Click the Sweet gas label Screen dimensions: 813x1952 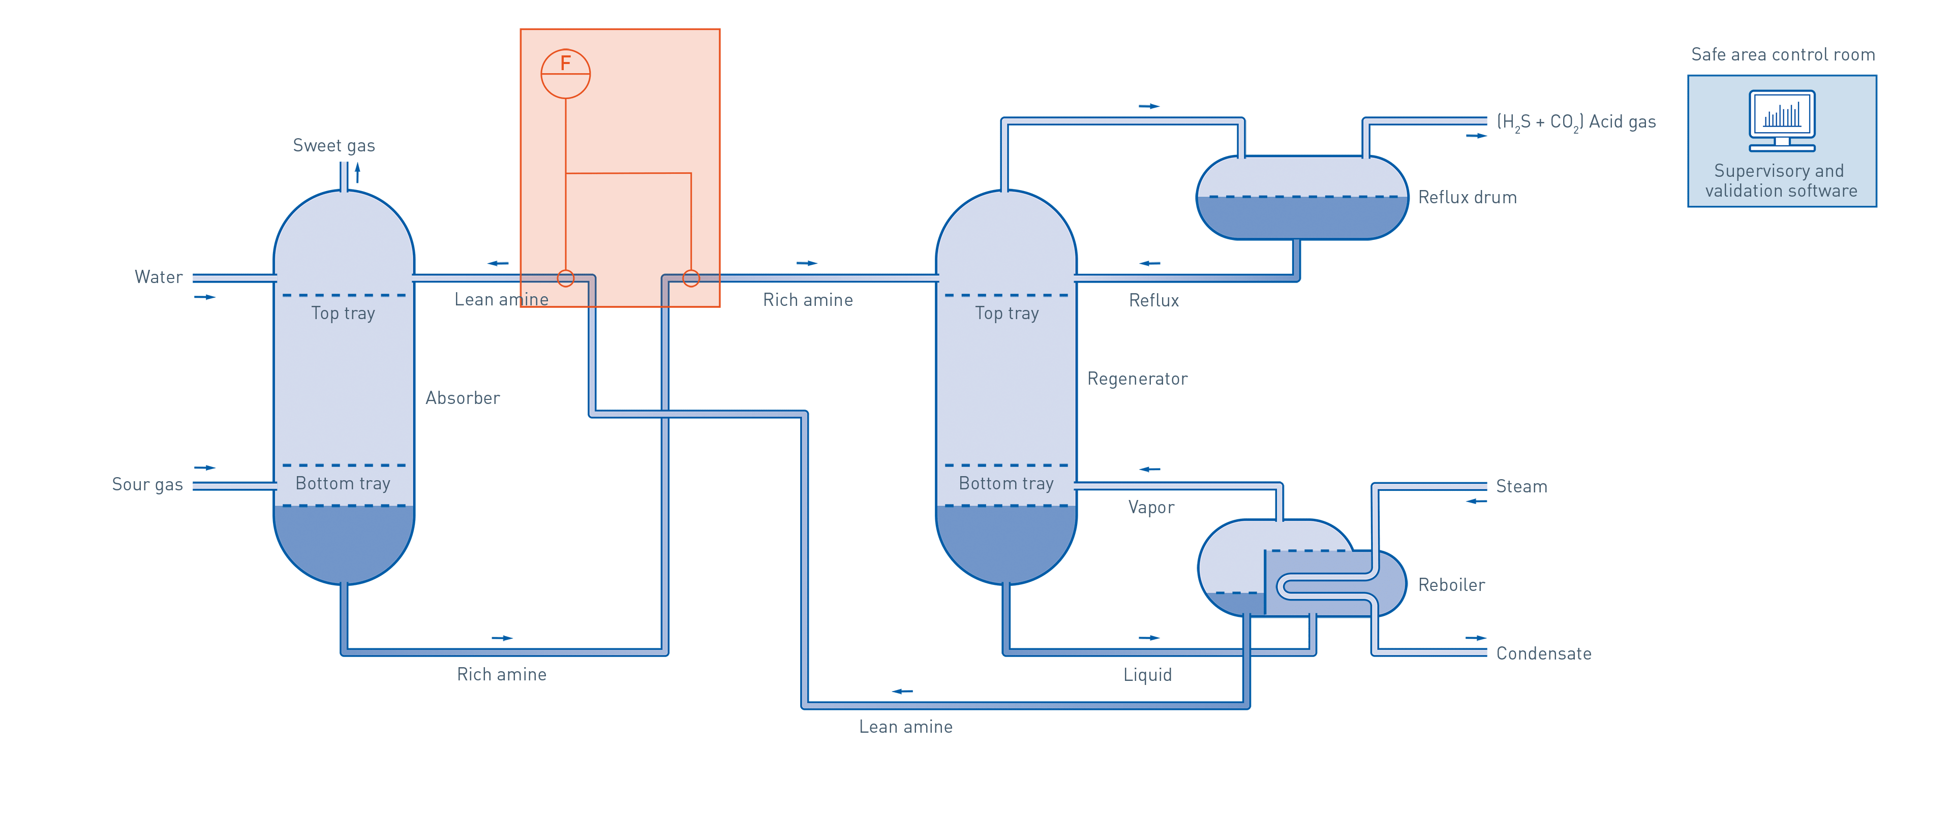click(333, 145)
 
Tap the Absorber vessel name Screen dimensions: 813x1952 click(462, 398)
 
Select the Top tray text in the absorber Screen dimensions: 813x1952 click(343, 313)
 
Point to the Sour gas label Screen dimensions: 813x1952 click(147, 485)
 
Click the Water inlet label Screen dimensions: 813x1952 click(159, 277)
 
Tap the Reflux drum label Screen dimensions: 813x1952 click(1467, 198)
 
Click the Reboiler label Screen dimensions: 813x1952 click(1451, 585)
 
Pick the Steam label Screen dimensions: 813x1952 click(1521, 486)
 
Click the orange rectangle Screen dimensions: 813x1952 click(620, 151)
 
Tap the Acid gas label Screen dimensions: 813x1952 click(1576, 122)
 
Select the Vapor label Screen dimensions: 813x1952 click(1150, 508)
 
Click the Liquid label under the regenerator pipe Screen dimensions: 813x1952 click(1147, 674)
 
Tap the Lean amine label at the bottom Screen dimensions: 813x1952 click(905, 727)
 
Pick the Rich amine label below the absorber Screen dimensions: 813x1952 click(502, 674)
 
